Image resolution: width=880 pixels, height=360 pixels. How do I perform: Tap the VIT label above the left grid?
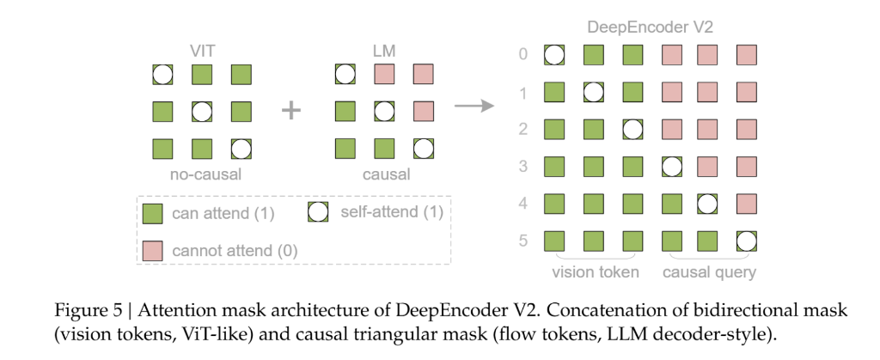(201, 49)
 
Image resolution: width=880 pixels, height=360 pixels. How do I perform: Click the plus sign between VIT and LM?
(292, 111)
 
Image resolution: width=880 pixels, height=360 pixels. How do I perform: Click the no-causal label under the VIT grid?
(201, 175)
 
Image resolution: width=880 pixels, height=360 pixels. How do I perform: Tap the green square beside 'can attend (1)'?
(152, 213)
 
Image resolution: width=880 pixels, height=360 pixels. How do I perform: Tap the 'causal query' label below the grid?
(709, 272)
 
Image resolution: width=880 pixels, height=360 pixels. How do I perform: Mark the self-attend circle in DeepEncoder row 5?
(747, 241)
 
